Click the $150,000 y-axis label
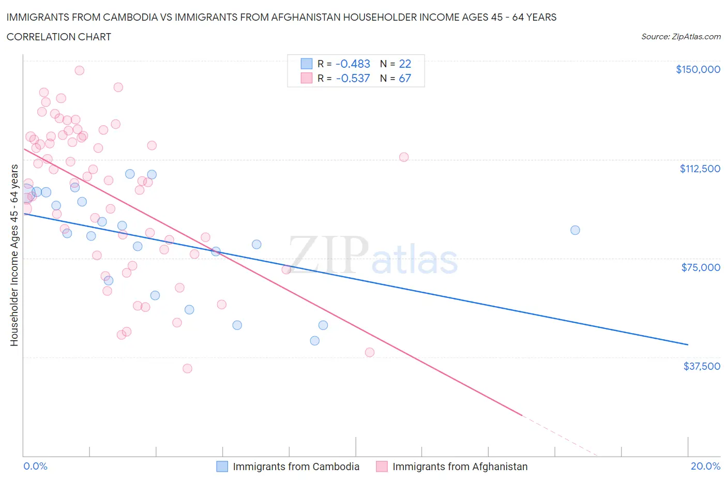698,69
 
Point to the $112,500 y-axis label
700,169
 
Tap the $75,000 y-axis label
700,267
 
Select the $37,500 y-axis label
701,366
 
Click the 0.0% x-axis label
35,466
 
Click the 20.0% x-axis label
705,466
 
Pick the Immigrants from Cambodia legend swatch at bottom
222,467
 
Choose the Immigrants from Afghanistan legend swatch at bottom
382,467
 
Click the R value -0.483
353,64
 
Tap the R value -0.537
353,78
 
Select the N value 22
405,64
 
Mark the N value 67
405,78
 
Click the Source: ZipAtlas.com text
680,37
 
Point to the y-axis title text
14,255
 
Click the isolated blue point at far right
575,230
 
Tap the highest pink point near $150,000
80,70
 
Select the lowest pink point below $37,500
187,368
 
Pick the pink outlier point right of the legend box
404,157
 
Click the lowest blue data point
314,341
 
